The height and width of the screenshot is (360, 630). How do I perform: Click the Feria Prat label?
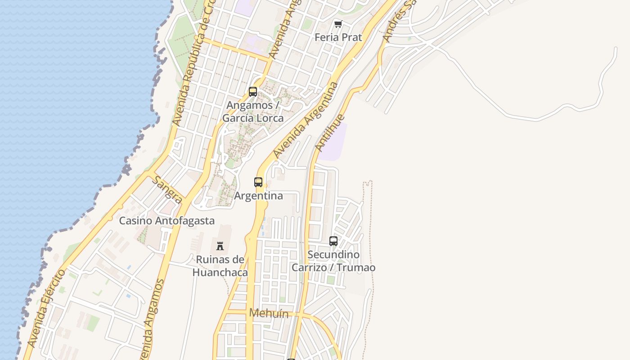(338, 37)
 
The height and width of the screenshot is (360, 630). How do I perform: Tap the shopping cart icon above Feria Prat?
(338, 24)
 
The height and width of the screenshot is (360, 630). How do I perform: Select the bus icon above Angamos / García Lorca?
(253, 92)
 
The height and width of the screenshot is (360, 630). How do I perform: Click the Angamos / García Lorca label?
(253, 112)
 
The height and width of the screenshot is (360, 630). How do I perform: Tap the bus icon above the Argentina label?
(258, 182)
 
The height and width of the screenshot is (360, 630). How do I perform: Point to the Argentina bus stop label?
(258, 196)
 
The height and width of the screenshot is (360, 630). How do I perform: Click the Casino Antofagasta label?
(166, 221)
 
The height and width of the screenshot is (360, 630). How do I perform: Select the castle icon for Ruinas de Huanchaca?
(220, 246)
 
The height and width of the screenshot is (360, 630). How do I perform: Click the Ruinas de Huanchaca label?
(220, 266)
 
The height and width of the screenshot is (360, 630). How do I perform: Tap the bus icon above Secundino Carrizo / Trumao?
(333, 241)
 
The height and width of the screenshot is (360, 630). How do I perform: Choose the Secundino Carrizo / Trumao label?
(333, 261)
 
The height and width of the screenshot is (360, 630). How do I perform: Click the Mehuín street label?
(269, 313)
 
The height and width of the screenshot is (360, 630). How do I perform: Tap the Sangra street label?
(167, 189)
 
